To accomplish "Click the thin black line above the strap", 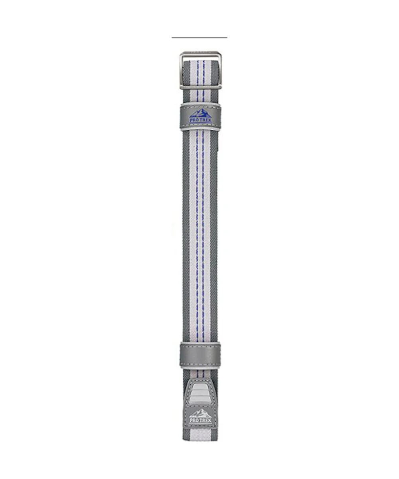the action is pos(199,38).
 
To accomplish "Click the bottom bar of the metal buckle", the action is pos(200,87).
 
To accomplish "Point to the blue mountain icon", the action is pos(200,113).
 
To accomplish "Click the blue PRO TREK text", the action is pos(200,120).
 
